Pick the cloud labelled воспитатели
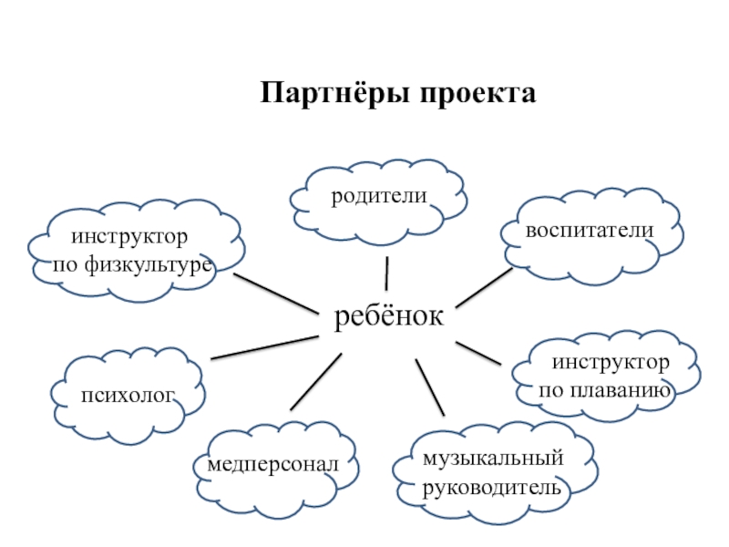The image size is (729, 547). click(591, 233)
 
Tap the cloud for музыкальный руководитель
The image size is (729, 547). click(493, 472)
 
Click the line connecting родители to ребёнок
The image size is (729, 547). click(387, 273)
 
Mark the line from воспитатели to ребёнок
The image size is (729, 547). click(484, 286)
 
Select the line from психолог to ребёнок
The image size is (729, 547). click(264, 346)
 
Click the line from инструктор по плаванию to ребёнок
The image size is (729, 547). click(478, 353)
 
